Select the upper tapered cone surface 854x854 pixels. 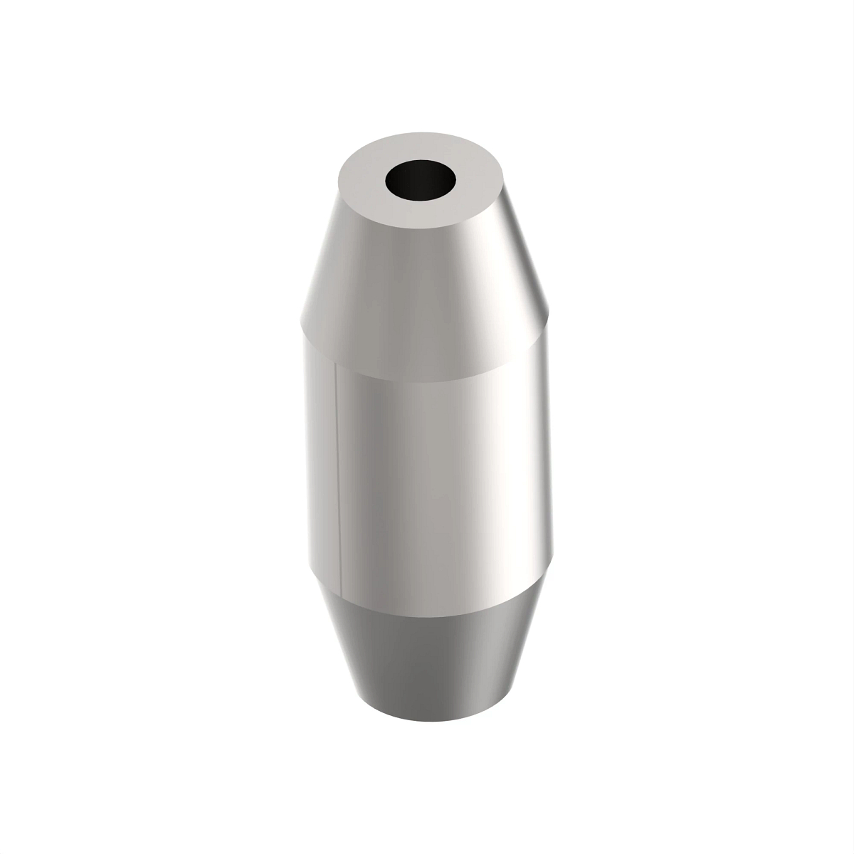click(427, 285)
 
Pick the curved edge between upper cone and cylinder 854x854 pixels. click(427, 374)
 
